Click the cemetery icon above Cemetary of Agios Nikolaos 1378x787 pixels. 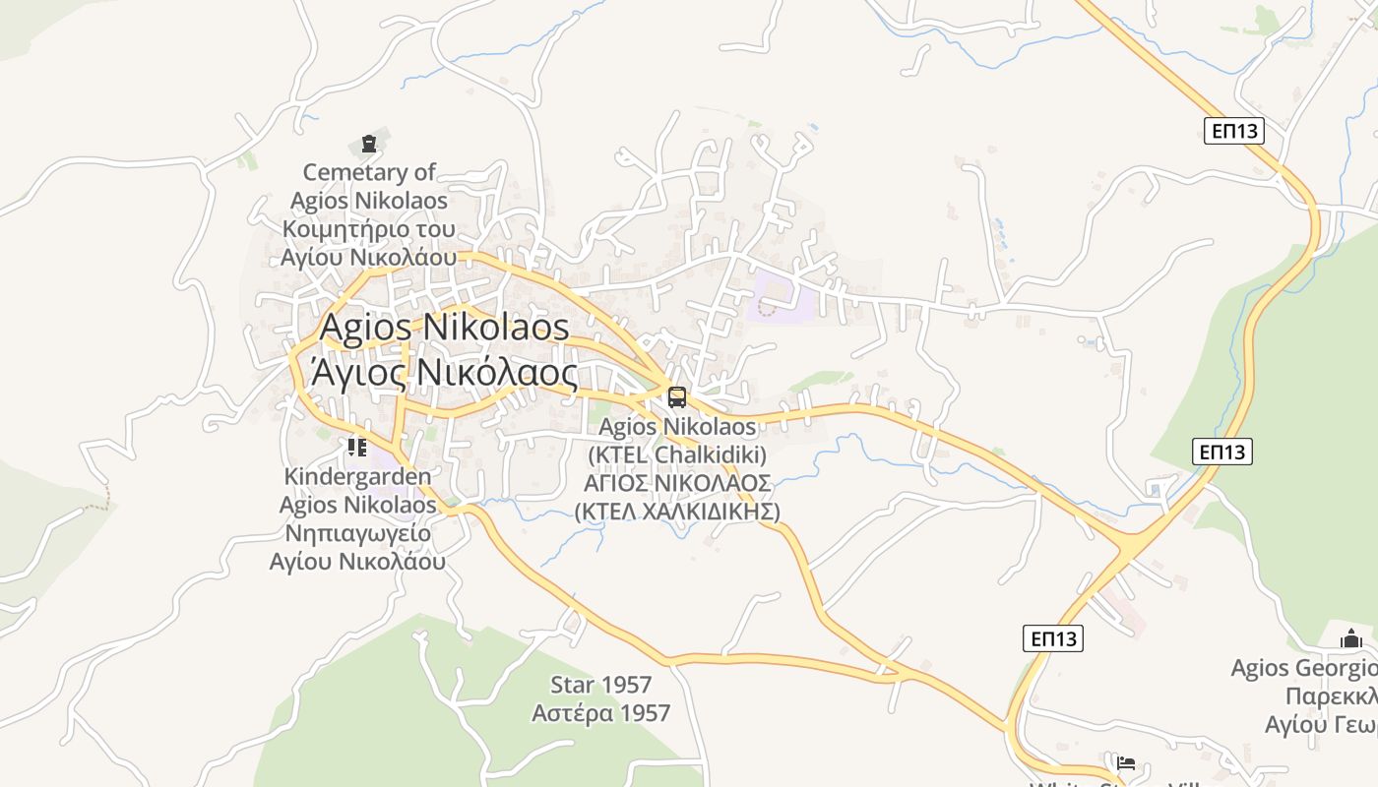pos(369,144)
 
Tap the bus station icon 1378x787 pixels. pos(677,397)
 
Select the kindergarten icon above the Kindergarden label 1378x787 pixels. pos(356,448)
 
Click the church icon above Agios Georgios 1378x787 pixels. pos(1350,639)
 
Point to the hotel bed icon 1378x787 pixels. pos(1126,762)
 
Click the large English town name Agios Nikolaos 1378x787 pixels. pos(444,327)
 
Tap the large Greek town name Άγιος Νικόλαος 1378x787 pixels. pos(444,373)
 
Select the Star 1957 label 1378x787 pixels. pos(600,685)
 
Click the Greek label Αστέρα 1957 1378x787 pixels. pos(600,713)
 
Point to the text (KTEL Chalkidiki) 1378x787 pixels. pos(677,455)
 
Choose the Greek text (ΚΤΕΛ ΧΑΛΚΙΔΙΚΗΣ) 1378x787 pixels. pos(677,512)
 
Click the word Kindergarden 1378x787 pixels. pos(357,477)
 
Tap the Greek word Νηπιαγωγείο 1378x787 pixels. pos(357,534)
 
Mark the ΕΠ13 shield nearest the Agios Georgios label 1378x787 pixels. pos(1052,638)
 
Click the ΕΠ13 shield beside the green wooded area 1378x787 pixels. pos(1222,452)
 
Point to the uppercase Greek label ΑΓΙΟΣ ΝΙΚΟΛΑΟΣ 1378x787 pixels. pos(677,483)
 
